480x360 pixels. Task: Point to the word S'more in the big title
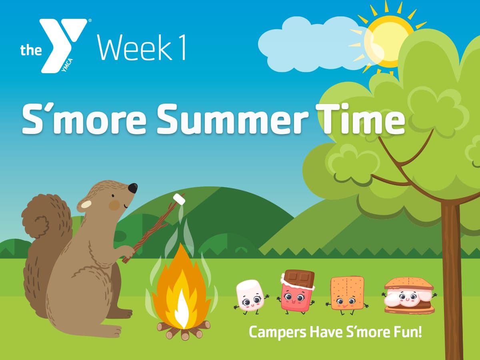click(x=84, y=119)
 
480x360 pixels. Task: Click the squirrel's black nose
click(x=132, y=188)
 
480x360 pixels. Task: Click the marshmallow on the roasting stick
click(x=179, y=199)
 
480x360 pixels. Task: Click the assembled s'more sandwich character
click(x=409, y=296)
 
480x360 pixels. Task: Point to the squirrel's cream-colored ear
click(x=86, y=204)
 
